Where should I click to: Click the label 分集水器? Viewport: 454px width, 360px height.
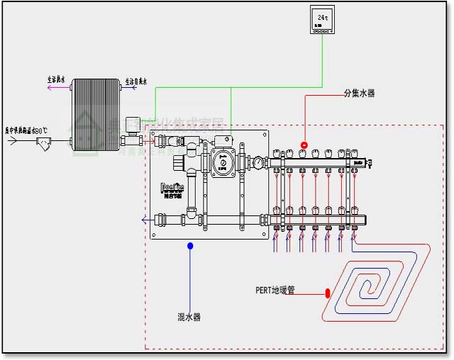click(x=359, y=93)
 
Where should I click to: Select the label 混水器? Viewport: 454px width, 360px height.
click(x=189, y=317)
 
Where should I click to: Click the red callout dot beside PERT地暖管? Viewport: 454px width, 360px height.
click(x=328, y=292)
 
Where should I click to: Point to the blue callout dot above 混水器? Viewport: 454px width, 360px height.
click(x=190, y=246)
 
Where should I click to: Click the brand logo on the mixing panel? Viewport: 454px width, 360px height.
click(x=172, y=189)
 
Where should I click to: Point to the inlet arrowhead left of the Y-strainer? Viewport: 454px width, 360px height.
click(x=13, y=141)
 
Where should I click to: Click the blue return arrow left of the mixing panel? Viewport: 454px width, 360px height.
click(x=145, y=220)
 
